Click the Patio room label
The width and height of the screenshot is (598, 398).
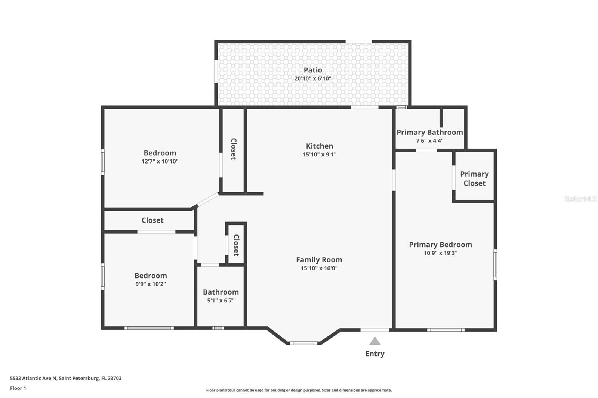click(x=313, y=70)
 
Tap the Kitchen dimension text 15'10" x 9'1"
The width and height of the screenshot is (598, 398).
click(x=320, y=155)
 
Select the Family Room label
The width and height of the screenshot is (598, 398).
click(x=319, y=259)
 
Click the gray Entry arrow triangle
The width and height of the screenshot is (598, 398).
click(x=375, y=341)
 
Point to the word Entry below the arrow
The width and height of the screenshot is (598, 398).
click(x=375, y=354)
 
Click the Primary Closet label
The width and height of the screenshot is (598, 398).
click(x=474, y=178)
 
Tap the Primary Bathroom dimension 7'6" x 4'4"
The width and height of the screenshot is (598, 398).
click(x=430, y=141)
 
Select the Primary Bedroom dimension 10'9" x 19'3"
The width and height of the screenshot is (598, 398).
click(x=440, y=253)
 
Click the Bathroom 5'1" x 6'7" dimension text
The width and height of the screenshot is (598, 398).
click(x=221, y=301)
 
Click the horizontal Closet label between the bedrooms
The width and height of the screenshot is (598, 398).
click(x=152, y=220)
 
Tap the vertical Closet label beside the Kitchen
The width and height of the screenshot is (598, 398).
click(x=234, y=149)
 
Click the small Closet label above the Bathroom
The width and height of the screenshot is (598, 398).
click(x=236, y=245)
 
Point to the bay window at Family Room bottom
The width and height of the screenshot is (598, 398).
click(x=303, y=343)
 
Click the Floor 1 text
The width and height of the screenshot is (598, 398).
click(x=18, y=388)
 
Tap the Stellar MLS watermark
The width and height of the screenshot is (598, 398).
click(x=580, y=199)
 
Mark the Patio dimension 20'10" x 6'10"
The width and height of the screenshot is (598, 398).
click(x=313, y=79)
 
